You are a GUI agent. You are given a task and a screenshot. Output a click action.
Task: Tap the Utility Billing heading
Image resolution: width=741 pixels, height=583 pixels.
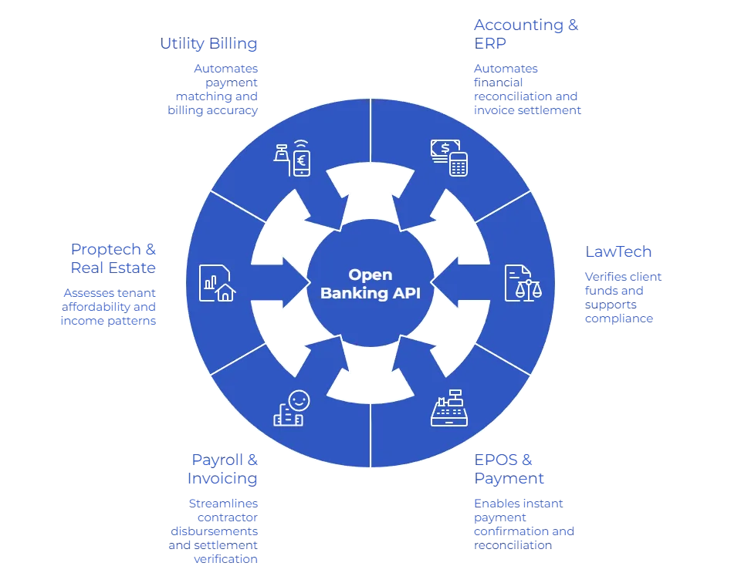click(x=208, y=43)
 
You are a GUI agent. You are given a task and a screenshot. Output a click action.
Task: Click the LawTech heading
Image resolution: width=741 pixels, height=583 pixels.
click(x=620, y=252)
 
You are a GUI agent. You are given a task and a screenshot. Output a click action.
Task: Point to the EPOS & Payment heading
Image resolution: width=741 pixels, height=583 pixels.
click(x=511, y=470)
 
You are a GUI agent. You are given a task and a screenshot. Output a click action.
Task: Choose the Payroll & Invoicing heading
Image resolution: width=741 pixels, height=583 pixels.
click(x=223, y=470)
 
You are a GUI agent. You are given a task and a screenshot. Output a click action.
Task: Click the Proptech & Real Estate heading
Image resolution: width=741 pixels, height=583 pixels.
click(x=113, y=259)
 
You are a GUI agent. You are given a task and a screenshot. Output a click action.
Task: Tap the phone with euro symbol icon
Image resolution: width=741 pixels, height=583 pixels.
click(x=301, y=160)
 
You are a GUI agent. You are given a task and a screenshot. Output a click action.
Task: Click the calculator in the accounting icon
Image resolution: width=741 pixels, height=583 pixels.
click(x=458, y=163)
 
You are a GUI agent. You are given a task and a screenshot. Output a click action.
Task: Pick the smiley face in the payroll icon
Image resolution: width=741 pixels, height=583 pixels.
click(x=298, y=400)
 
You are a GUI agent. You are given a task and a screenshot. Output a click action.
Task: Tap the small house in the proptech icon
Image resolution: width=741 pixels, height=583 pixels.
click(x=225, y=291)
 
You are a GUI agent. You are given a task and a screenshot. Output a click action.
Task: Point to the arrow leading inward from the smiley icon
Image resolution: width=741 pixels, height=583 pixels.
click(x=330, y=361)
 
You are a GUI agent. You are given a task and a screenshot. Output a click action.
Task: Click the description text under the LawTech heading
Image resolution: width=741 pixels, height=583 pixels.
click(x=624, y=297)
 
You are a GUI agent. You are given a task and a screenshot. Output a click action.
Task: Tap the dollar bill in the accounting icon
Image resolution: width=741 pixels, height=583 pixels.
click(x=444, y=147)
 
